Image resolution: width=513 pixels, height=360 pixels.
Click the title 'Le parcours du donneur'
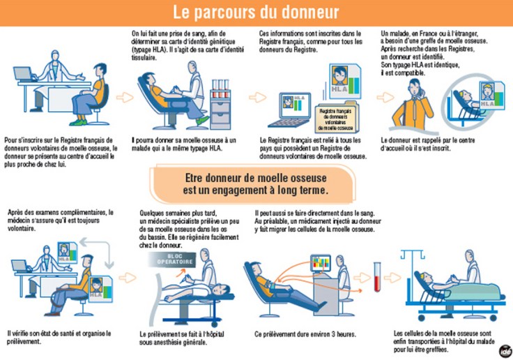point(256,13)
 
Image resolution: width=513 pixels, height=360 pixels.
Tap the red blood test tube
point(377,277)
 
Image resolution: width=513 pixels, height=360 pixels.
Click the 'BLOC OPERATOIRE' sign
point(172,260)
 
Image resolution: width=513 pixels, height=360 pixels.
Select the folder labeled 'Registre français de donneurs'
point(336,119)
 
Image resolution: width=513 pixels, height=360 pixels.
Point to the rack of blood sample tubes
point(220,89)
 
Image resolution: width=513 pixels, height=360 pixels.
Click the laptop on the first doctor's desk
point(24,74)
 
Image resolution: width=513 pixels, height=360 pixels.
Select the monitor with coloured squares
point(321,264)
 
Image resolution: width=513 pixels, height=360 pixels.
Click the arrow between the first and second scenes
point(125,97)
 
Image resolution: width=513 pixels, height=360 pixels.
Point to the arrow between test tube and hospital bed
point(392,278)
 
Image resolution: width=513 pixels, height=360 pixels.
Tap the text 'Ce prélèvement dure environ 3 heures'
point(305,334)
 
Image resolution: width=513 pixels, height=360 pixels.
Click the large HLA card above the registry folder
point(346,81)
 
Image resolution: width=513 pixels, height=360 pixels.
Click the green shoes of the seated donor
point(78,122)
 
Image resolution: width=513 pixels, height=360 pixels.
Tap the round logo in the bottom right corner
point(506,351)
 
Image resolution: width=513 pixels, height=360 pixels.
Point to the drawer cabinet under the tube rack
point(220,113)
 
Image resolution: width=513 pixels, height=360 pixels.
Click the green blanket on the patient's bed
point(475,291)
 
